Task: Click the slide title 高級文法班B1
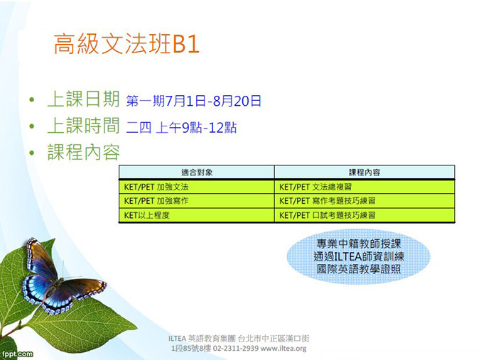(126, 44)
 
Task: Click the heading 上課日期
(83, 99)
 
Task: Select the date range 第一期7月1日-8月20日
(193, 101)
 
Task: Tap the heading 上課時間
(83, 126)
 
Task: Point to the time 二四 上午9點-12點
(181, 128)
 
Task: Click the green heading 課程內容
(83, 152)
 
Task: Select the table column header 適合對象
(197, 173)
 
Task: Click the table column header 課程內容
(364, 173)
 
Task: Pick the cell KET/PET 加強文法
(156, 187)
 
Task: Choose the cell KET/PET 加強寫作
(156, 201)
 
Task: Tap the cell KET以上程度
(146, 215)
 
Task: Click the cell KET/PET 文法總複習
(315, 187)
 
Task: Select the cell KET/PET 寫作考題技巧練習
(328, 201)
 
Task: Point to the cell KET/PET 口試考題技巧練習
(328, 215)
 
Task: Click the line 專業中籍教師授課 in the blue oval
(359, 244)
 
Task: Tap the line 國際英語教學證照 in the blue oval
(359, 269)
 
